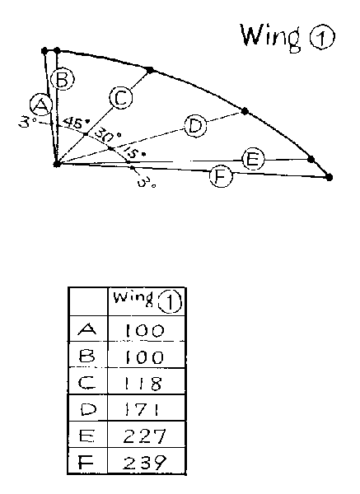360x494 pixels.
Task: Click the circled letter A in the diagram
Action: coord(41,105)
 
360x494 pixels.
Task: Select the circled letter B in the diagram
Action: coord(63,79)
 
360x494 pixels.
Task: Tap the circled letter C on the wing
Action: coord(121,98)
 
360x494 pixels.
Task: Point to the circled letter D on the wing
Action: coord(195,126)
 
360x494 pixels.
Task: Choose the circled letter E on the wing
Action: coord(253,160)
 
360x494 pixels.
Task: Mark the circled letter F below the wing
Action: coord(222,176)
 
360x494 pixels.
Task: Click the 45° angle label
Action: coord(76,122)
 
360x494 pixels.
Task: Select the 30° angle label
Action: coord(108,135)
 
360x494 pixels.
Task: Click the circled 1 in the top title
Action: coord(321,38)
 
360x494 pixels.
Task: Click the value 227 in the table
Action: coord(144,436)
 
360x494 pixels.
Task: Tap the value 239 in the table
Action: coord(144,463)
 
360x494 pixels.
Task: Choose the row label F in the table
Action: coord(86,463)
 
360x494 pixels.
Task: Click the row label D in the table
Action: coord(89,409)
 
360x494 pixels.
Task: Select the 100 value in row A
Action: coord(145,331)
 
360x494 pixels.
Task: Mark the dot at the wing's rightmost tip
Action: coord(329,177)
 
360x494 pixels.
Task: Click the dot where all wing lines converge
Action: coord(57,164)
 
